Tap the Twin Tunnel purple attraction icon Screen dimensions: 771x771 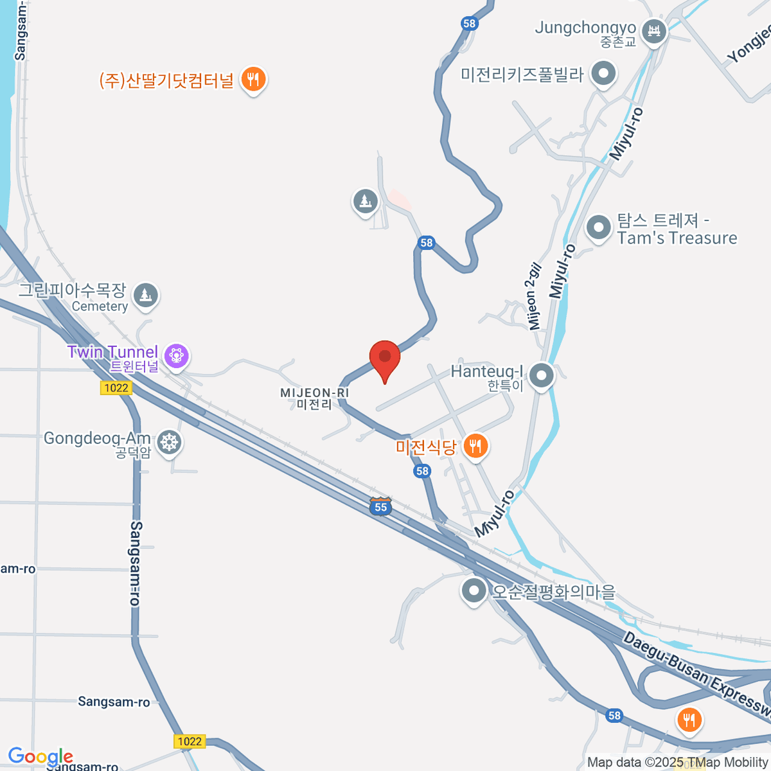[176, 355]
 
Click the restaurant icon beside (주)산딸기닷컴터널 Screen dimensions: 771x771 [254, 80]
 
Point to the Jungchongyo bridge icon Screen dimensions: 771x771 [654, 30]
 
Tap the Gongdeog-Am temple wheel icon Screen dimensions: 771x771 [169, 442]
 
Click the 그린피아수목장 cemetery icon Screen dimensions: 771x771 [146, 296]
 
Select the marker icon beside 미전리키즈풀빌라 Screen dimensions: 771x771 [603, 73]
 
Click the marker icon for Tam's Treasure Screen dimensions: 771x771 [599, 227]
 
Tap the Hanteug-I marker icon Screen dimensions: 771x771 [542, 375]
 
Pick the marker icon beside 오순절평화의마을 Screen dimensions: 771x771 [474, 590]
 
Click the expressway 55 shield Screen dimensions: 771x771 [381, 506]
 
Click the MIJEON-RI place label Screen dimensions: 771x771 [314, 398]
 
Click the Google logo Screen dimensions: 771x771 [40, 756]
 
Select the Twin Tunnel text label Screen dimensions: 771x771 [113, 353]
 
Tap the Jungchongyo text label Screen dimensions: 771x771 [585, 28]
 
